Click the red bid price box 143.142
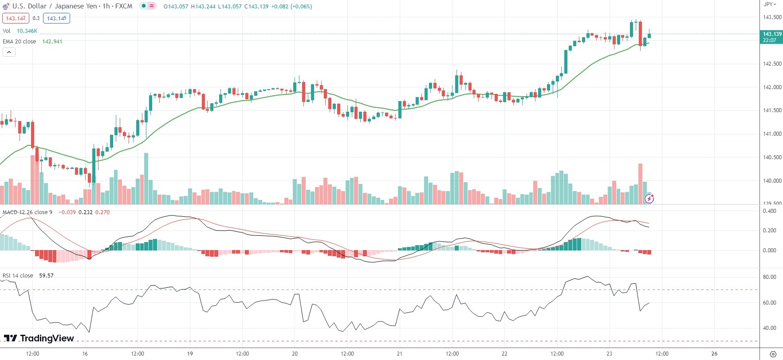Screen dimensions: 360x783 [16, 18]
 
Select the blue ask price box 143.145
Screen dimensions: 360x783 [57, 18]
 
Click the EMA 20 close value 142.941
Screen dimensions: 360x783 [52, 42]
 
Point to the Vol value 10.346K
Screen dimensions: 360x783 [27, 31]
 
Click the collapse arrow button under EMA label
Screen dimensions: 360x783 [9, 52]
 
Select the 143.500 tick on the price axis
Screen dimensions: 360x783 [772, 17]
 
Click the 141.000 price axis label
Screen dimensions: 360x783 [772, 134]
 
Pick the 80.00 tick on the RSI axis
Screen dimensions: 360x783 [770, 277]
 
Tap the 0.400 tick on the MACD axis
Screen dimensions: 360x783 [770, 211]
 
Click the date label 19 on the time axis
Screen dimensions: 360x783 [190, 354]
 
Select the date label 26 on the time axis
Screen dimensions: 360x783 [714, 354]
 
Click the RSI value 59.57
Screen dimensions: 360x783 [46, 276]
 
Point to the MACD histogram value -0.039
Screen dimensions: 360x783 [68, 212]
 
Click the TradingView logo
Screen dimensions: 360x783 [39, 338]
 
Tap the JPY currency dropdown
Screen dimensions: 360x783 [770, 4]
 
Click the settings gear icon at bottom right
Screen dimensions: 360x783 [773, 354]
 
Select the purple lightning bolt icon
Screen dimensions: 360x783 [649, 199]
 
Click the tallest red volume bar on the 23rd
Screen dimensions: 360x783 [640, 184]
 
